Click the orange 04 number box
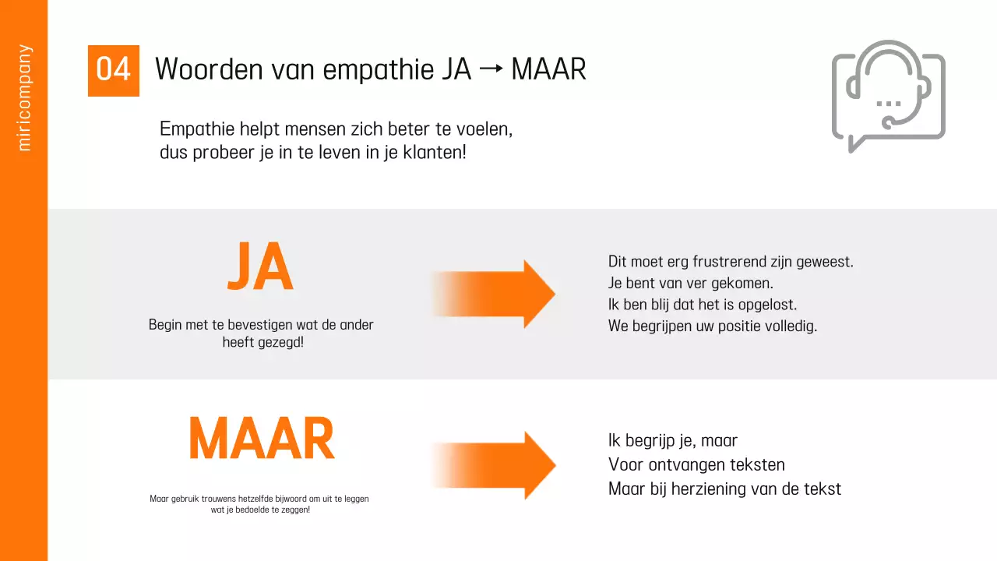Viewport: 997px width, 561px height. pyautogui.click(x=113, y=70)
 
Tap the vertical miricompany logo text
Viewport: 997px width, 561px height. pyautogui.click(x=24, y=97)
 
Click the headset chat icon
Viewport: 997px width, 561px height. pyautogui.click(x=888, y=96)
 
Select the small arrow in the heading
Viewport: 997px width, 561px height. pyautogui.click(x=491, y=69)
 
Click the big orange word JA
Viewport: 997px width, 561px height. pyautogui.click(x=260, y=266)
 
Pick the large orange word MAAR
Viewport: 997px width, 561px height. pyautogui.click(x=262, y=439)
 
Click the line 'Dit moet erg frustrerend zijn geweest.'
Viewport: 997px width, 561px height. pyautogui.click(x=731, y=262)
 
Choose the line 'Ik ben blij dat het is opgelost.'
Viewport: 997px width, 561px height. pyautogui.click(x=702, y=305)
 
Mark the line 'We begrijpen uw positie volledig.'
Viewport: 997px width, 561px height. pyautogui.click(x=712, y=326)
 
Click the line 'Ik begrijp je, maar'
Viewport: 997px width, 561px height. pyautogui.click(x=672, y=441)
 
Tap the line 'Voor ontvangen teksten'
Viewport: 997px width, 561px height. pyautogui.click(x=696, y=465)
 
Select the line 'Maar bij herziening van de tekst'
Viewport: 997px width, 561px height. pyautogui.click(x=724, y=489)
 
